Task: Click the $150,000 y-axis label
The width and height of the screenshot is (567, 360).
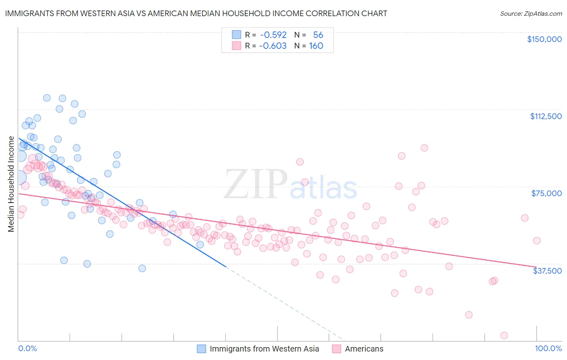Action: tap(544, 39)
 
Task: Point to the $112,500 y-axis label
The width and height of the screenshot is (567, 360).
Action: tap(546, 116)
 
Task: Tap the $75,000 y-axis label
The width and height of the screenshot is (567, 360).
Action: tap(546, 193)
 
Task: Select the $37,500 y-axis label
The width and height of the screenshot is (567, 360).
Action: tap(547, 271)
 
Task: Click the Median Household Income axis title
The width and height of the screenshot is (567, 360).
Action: tap(11, 184)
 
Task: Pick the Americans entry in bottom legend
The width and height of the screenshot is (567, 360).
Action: tap(364, 349)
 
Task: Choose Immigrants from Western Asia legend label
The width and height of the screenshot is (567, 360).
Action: tap(264, 349)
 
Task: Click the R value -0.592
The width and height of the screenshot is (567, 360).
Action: tap(273, 35)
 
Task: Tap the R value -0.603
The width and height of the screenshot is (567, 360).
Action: tap(273, 46)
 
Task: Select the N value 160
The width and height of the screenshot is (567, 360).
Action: tap(316, 46)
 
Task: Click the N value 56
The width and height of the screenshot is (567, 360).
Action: tap(318, 35)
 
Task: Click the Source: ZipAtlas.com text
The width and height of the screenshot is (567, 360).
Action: tap(531, 13)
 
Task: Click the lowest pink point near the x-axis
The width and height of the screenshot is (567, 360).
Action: tap(504, 335)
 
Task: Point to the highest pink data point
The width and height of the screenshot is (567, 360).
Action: tap(424, 148)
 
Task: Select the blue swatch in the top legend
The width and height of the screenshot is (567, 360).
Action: tap(236, 35)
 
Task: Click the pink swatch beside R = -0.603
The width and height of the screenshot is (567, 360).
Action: tap(236, 46)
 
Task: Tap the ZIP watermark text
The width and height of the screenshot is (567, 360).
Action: tap(255, 184)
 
